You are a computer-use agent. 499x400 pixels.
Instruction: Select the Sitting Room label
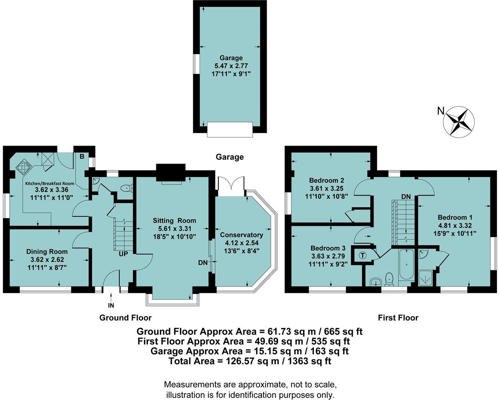click(x=174, y=220)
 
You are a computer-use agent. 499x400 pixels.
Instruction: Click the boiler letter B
click(x=82, y=157)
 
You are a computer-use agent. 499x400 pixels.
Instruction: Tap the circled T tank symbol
click(x=363, y=255)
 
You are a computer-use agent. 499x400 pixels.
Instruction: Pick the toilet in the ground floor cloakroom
click(x=126, y=187)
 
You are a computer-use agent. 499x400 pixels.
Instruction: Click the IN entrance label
click(x=111, y=306)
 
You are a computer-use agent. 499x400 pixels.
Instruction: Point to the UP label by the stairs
click(x=123, y=254)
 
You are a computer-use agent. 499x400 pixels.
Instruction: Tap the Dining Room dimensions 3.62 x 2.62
click(x=47, y=259)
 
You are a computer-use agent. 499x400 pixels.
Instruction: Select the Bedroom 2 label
click(x=327, y=180)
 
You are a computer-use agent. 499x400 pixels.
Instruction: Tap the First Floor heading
click(x=398, y=318)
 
